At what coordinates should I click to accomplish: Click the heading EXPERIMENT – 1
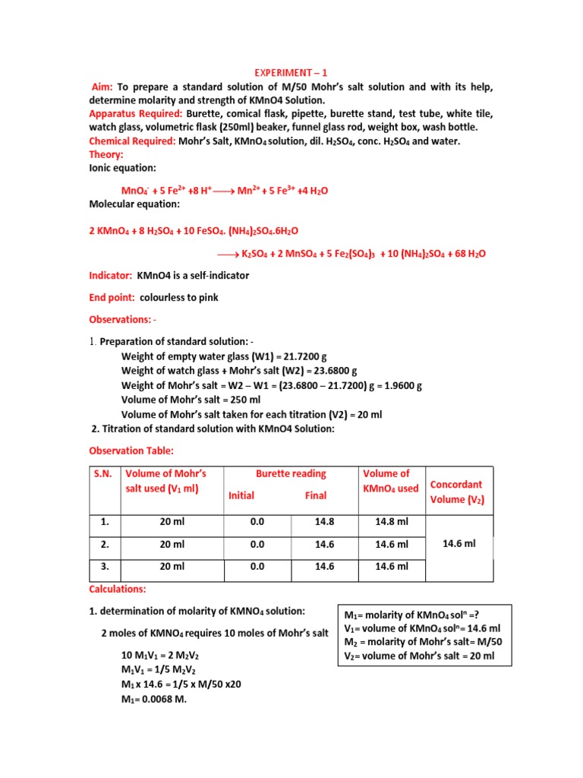[x=291, y=73]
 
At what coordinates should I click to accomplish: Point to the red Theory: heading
[x=106, y=154]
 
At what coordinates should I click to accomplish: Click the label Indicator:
[x=111, y=275]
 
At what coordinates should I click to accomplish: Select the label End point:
[x=112, y=297]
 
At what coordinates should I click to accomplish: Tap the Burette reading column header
[x=291, y=473]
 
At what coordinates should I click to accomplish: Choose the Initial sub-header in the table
[x=241, y=495]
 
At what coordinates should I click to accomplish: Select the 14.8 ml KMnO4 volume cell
[x=392, y=522]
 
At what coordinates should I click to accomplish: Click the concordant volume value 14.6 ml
[x=460, y=543]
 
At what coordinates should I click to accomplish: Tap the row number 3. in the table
[x=105, y=566]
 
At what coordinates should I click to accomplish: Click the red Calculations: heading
[x=118, y=589]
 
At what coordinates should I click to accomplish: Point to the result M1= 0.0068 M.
[x=154, y=700]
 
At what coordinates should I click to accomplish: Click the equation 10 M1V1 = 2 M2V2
[x=161, y=655]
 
